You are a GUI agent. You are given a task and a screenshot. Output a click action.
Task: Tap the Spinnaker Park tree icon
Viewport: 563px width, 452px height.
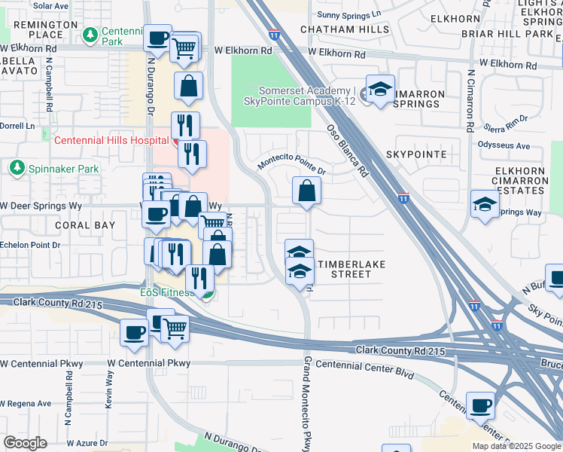[15, 166]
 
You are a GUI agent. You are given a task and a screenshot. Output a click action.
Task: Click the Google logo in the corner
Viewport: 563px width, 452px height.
[25, 442]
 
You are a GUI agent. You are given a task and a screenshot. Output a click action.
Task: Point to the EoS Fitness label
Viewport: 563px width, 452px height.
[168, 292]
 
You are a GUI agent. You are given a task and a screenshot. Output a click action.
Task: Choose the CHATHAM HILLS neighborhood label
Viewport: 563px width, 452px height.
[345, 30]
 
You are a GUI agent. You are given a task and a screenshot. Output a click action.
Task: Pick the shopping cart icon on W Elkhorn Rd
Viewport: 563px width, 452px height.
[184, 47]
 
